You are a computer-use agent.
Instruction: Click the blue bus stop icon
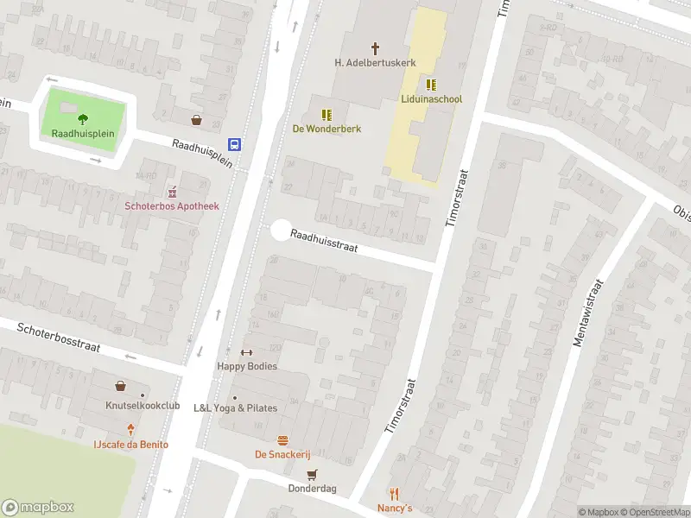click(x=234, y=144)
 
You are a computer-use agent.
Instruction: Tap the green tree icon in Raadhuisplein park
click(x=83, y=119)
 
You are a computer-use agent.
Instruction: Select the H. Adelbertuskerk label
click(x=375, y=63)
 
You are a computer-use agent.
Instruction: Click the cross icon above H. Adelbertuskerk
click(x=375, y=48)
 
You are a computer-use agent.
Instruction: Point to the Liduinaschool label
click(x=431, y=99)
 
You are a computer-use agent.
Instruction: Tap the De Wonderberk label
click(x=326, y=129)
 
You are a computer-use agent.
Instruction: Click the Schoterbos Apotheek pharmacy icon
click(x=171, y=191)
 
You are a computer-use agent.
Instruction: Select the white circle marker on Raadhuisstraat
click(x=281, y=231)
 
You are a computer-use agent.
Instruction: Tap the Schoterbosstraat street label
click(x=59, y=337)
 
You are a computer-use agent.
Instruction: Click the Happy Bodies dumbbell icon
click(x=246, y=352)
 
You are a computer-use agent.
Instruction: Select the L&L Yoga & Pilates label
click(x=235, y=408)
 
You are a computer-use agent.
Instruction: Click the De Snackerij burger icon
click(x=282, y=439)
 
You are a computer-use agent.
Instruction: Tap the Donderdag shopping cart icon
click(x=312, y=473)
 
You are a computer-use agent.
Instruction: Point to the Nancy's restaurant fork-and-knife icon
click(x=395, y=494)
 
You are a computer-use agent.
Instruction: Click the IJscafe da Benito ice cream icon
click(x=131, y=430)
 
